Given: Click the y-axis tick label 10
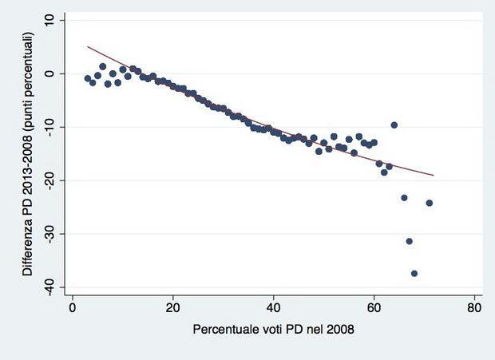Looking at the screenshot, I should [x=49, y=20].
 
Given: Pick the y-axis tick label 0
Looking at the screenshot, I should [x=49, y=73].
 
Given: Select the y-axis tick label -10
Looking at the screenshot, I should [x=49, y=127].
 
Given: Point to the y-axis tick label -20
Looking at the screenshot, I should [x=49, y=180].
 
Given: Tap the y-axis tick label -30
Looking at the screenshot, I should [x=49, y=234].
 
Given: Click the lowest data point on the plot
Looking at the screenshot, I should [x=414, y=273].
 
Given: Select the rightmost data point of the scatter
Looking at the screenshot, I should [x=430, y=203].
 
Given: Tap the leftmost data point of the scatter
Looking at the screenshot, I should [x=87, y=78].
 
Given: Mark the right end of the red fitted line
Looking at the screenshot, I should [x=434, y=175].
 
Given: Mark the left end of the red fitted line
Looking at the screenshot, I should [x=87, y=46].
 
